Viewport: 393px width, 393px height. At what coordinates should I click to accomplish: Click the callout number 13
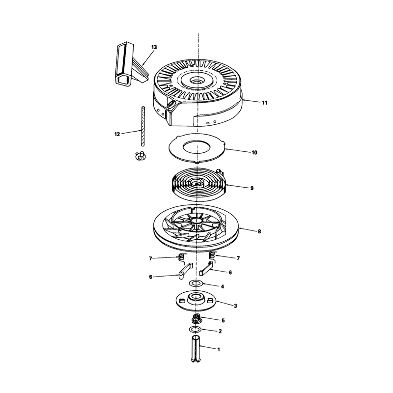(154, 47)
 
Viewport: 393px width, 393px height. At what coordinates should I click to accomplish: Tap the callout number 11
(265, 103)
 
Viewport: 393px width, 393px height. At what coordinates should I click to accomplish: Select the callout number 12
(117, 134)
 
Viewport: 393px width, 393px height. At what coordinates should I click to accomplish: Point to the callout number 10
(254, 152)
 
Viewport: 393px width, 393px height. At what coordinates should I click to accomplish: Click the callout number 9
(252, 188)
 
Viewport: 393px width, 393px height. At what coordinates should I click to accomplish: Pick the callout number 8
(259, 231)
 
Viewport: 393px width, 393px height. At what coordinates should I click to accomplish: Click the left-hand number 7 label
(150, 258)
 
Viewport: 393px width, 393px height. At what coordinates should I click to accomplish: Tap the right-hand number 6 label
(230, 272)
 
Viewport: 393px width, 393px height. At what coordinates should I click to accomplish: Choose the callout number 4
(223, 286)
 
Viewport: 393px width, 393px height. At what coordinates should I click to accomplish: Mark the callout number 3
(235, 306)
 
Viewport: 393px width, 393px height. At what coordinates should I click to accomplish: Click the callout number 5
(223, 320)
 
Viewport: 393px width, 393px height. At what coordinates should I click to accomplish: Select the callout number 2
(220, 331)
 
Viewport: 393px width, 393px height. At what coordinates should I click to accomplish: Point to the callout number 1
(219, 349)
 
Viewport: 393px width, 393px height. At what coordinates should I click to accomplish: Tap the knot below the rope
(140, 156)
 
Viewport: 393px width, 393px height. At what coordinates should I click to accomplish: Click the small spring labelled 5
(196, 319)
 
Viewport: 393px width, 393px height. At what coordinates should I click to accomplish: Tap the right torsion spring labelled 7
(212, 254)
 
